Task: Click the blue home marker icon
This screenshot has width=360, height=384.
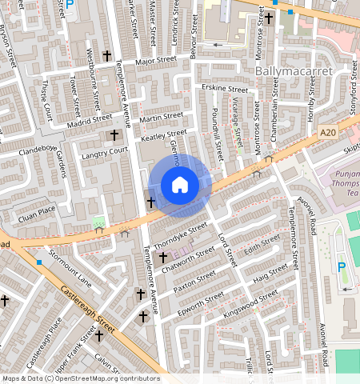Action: [x=180, y=186]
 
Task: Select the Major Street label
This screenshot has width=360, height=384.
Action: [x=155, y=61]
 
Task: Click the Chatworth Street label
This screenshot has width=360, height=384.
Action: [x=190, y=257]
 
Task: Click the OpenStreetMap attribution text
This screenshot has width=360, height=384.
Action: [x=80, y=378]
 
